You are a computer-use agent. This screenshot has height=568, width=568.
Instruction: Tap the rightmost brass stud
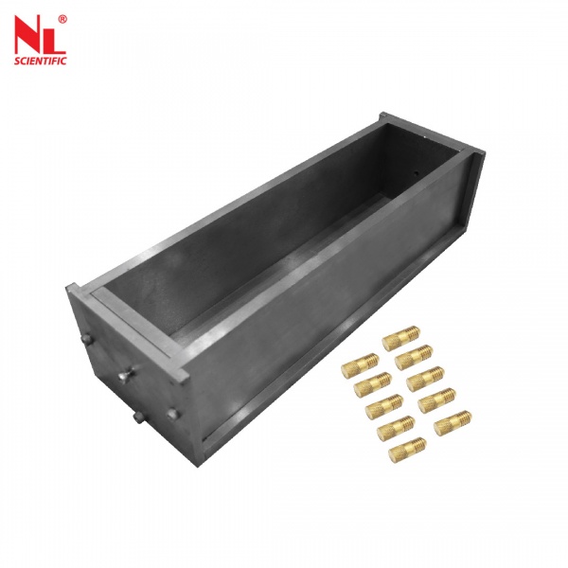454,419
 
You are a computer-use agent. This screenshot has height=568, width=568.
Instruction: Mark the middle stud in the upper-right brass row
425,379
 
